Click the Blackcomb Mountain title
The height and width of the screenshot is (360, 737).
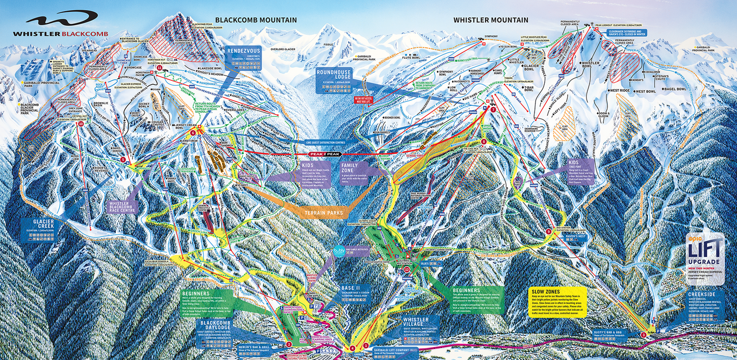pyautogui.click(x=256, y=20)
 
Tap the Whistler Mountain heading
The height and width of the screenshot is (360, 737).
pyautogui.click(x=491, y=20)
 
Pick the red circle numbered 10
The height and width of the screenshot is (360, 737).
pyautogui.click(x=81, y=123)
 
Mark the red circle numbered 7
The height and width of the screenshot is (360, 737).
pyautogui.click(x=493, y=109)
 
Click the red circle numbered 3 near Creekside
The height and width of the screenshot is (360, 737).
pyautogui.click(x=643, y=335)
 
